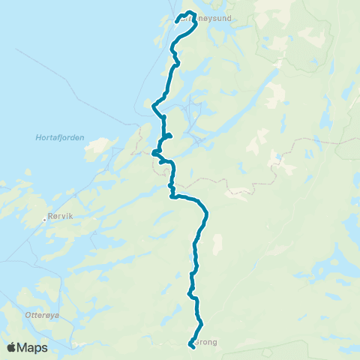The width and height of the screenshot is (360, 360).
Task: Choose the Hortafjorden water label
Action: point(60,137)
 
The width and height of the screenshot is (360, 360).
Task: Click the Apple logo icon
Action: point(11,347)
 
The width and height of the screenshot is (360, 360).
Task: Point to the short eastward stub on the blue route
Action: point(169,136)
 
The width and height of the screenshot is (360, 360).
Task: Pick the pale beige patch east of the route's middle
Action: point(218,244)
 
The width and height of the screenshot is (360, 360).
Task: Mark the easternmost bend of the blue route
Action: point(206,215)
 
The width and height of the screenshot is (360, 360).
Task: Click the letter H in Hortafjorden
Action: point(38,137)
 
